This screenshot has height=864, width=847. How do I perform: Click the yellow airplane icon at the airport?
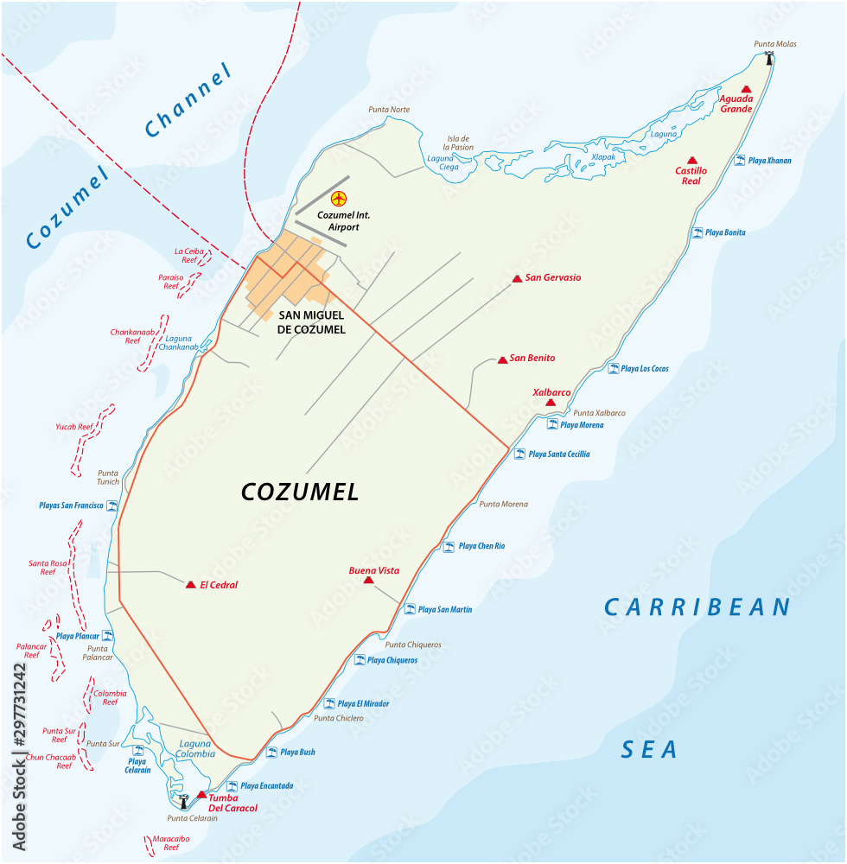(338, 199)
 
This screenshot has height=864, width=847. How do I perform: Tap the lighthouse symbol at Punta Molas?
(768, 59)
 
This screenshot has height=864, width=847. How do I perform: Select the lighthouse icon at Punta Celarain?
(183, 801)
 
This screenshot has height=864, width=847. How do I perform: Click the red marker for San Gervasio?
(517, 278)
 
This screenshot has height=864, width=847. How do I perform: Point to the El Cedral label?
(219, 585)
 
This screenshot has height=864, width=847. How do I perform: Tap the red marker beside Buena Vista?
(369, 581)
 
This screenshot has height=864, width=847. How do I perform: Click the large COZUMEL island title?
(299, 492)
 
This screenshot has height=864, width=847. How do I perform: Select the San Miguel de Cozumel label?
(311, 323)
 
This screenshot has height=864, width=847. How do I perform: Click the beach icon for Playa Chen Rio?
(449, 546)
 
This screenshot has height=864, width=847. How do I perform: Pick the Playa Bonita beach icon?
(697, 232)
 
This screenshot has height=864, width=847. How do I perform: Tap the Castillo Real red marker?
(691, 160)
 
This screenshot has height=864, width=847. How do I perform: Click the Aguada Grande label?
(736, 104)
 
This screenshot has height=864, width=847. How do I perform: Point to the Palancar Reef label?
(31, 650)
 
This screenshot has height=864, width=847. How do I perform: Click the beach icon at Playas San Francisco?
(111, 505)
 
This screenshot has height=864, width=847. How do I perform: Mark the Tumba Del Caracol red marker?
(201, 794)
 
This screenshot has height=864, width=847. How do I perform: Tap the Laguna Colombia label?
(196, 748)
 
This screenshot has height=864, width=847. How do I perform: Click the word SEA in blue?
(649, 750)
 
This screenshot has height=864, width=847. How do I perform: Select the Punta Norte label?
(389, 110)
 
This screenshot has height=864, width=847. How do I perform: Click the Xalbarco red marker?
(550, 402)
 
